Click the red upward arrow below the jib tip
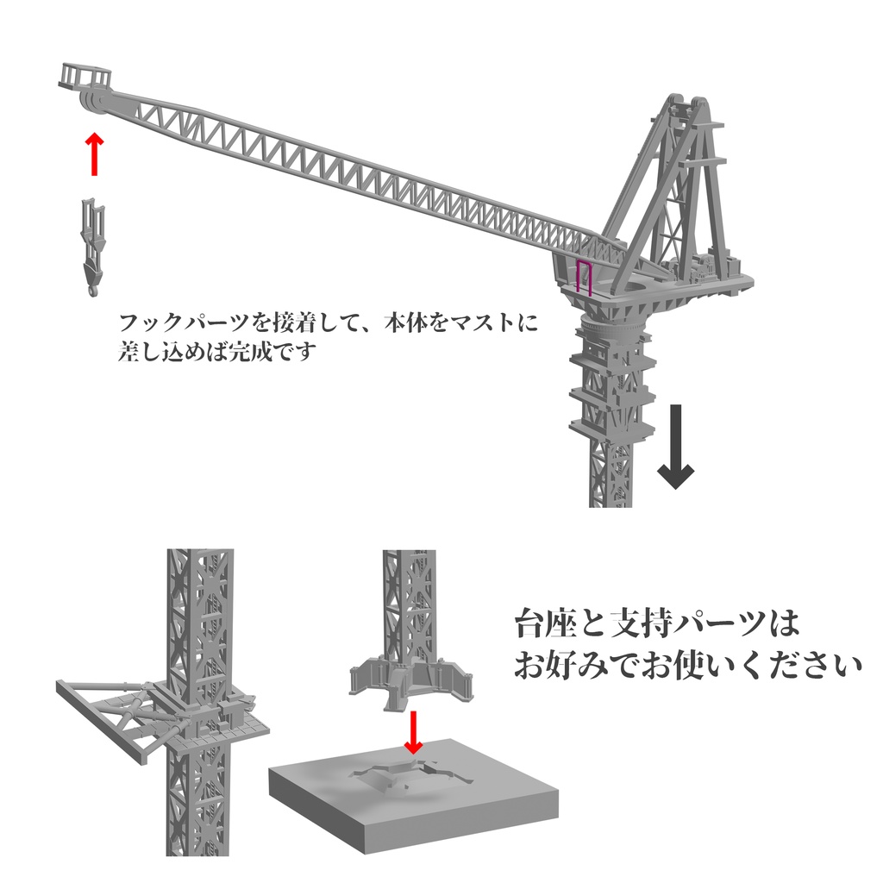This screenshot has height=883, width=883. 95,154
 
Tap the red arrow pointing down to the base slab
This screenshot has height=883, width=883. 413,732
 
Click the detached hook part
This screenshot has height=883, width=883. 93,247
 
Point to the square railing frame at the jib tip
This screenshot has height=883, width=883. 85,76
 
